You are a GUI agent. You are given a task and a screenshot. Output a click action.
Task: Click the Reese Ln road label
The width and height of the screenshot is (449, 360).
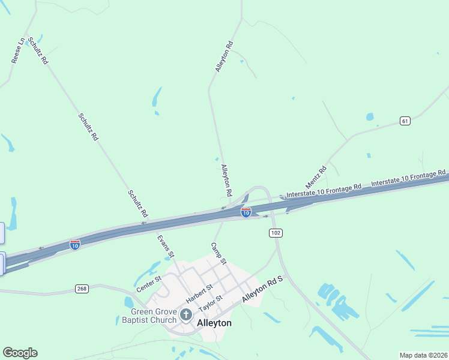click(x=17, y=50)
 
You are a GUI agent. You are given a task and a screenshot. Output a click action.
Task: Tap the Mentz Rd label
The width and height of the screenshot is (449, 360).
click(x=316, y=176)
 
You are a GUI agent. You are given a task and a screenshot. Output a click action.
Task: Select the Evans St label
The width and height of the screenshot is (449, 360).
click(x=166, y=246)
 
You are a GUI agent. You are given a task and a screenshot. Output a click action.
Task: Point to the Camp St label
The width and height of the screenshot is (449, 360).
click(x=218, y=253)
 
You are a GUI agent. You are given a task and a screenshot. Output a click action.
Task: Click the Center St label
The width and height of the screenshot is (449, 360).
click(x=149, y=283)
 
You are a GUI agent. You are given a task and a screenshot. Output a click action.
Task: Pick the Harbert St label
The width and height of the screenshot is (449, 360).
click(x=199, y=293)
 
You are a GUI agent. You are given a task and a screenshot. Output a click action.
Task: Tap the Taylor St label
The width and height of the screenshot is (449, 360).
click(x=211, y=302)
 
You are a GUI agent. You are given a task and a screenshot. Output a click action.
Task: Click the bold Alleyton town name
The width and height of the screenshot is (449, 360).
click(x=214, y=323)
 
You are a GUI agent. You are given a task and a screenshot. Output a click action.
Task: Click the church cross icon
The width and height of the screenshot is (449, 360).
click(x=186, y=314)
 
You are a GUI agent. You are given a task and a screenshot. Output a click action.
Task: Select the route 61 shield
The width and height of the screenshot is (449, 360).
click(x=405, y=121)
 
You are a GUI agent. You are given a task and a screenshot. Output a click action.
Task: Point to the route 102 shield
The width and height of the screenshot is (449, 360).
click(x=276, y=232)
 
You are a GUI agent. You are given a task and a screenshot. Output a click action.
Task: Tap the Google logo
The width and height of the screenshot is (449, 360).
click(x=20, y=353)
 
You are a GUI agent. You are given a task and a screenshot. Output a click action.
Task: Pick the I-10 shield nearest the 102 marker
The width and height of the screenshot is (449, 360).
click(x=246, y=212)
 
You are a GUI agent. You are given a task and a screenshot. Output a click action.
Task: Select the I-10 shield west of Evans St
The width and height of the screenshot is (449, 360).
click(x=74, y=245)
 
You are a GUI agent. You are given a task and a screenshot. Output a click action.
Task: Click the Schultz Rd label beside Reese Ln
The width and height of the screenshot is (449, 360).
click(x=38, y=52)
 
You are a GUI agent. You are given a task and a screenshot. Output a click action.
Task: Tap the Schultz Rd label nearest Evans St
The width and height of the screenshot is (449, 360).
click(x=138, y=204)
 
